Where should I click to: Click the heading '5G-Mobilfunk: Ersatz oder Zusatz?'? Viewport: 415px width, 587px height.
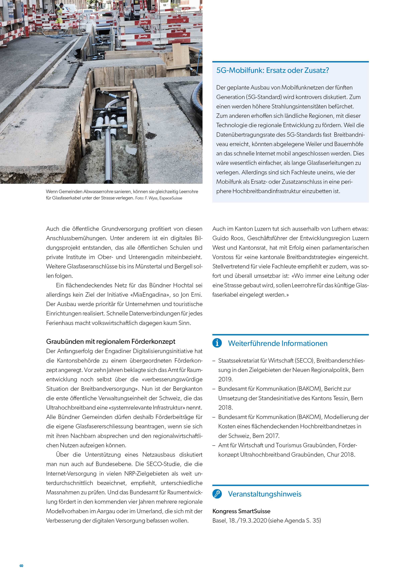coord(272,70)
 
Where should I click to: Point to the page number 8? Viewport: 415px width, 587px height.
coord(21,566)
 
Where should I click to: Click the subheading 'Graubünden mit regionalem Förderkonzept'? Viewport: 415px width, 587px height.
coord(111,342)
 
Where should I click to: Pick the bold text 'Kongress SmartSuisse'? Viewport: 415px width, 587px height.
coord(241,511)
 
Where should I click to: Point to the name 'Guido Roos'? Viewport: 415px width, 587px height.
coord(228,238)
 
